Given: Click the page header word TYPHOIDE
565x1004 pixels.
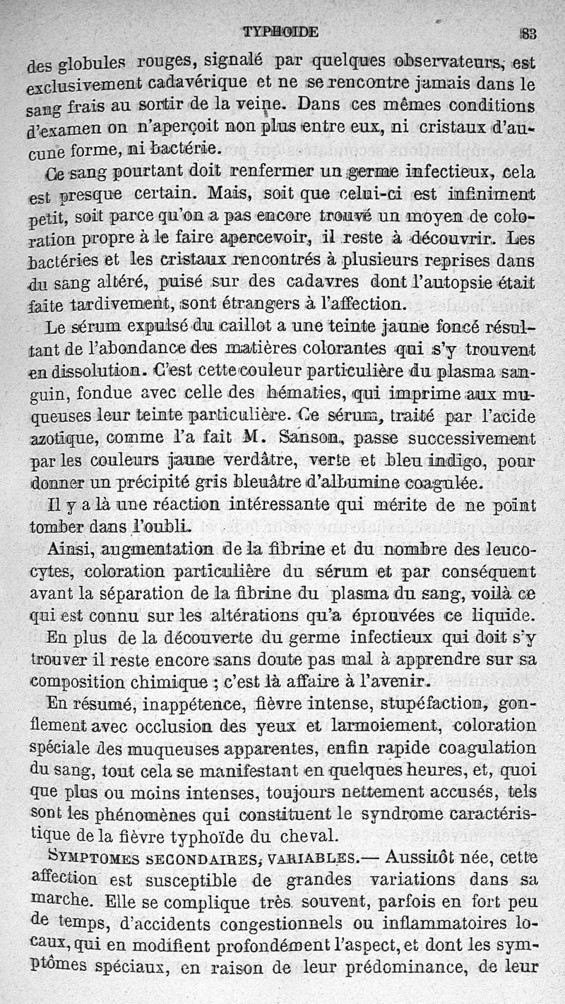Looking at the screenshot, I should click(280, 32).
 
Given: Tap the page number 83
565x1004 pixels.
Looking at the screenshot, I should click(528, 32).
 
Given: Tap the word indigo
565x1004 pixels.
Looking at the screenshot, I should click(454, 462).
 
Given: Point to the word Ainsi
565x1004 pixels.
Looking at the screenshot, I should click(69, 549).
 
